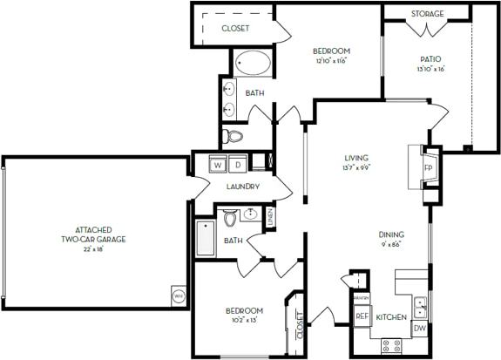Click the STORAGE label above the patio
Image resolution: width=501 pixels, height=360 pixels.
click(x=428, y=14)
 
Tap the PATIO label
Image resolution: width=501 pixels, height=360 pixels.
click(x=431, y=59)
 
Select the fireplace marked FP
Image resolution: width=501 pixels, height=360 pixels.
click(x=428, y=167)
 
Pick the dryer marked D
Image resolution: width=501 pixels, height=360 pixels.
click(x=236, y=164)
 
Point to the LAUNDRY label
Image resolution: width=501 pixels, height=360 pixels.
click(x=242, y=187)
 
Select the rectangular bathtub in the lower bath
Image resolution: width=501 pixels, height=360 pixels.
click(x=206, y=238)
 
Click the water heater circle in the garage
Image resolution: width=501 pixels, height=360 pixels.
click(x=177, y=295)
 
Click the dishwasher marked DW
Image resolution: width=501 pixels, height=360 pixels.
click(x=418, y=329)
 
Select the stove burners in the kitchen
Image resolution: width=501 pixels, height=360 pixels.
click(x=391, y=345)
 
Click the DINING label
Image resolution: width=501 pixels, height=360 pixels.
click(x=390, y=234)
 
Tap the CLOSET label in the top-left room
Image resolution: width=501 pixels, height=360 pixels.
click(x=235, y=29)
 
